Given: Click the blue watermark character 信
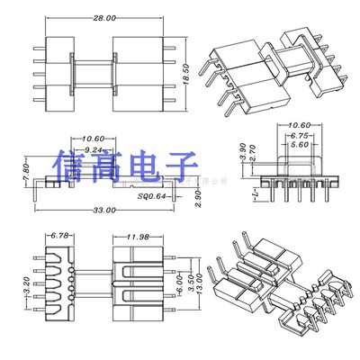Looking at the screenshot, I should pyautogui.click(x=70, y=168).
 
